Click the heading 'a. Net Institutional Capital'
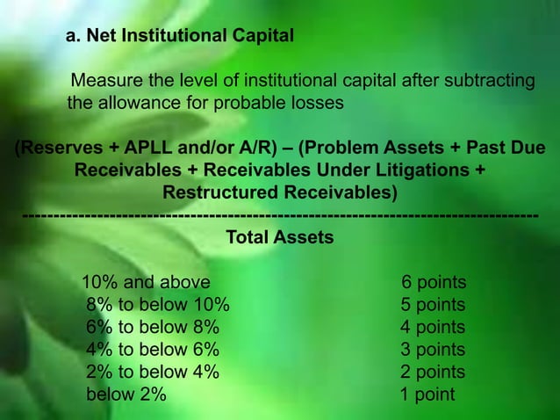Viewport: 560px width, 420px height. click(180, 38)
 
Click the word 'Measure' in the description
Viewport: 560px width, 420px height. click(104, 83)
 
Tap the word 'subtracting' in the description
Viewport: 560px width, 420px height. click(489, 83)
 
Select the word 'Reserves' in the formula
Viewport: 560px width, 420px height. click(57, 147)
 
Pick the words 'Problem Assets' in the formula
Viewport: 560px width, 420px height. click(370, 147)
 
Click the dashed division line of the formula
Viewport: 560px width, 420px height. click(280, 215)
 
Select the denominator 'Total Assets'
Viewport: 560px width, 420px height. click(280, 237)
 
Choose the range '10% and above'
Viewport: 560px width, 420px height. click(146, 283)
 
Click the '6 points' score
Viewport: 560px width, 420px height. click(434, 283)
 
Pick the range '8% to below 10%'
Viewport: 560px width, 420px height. click(158, 306)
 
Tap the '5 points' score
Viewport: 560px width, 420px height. click(434, 306)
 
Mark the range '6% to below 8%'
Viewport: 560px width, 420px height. click(153, 328)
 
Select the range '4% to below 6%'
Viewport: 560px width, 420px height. click(153, 350)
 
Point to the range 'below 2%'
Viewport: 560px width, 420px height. click(126, 395)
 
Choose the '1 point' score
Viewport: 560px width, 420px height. click(427, 395)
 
